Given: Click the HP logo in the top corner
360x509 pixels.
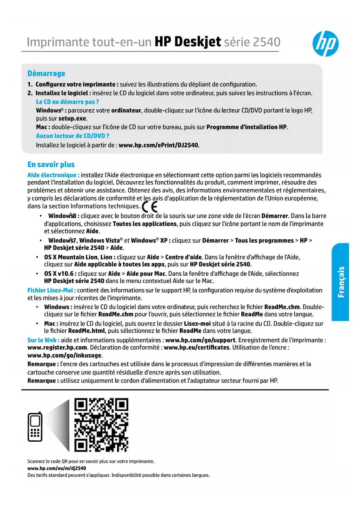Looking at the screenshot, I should (325, 44).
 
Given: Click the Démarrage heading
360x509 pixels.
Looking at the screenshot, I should (46, 73).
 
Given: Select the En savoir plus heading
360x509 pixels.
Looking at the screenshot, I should (51, 165).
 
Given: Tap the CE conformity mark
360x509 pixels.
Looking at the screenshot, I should (150, 207).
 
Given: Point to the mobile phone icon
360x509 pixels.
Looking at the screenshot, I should (35, 427).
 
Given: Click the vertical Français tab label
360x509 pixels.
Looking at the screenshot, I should (341, 282).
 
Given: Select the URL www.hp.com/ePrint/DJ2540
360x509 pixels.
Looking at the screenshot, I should (159, 145).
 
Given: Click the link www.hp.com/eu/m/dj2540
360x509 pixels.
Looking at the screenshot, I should (57, 468).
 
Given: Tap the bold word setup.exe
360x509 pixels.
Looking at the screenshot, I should (72, 118).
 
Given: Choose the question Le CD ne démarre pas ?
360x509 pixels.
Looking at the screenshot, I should (67, 102).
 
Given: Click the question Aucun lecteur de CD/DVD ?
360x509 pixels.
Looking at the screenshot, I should (73, 136).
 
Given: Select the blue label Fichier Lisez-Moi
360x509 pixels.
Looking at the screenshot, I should (51, 290).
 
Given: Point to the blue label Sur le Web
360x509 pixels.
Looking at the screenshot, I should (43, 340).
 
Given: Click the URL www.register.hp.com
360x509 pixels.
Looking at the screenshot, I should (57, 347).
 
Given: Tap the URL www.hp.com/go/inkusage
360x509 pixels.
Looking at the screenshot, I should (64, 355).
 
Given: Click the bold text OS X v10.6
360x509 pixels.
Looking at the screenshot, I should (60, 274).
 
